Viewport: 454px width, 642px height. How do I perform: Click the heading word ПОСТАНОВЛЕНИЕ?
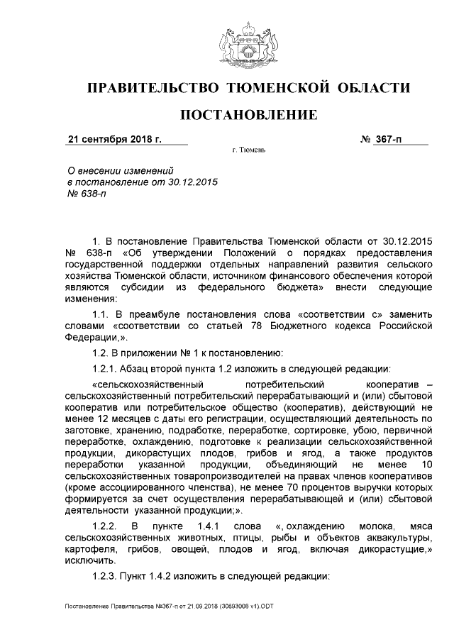(248, 114)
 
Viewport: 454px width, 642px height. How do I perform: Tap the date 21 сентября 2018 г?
(114, 139)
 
